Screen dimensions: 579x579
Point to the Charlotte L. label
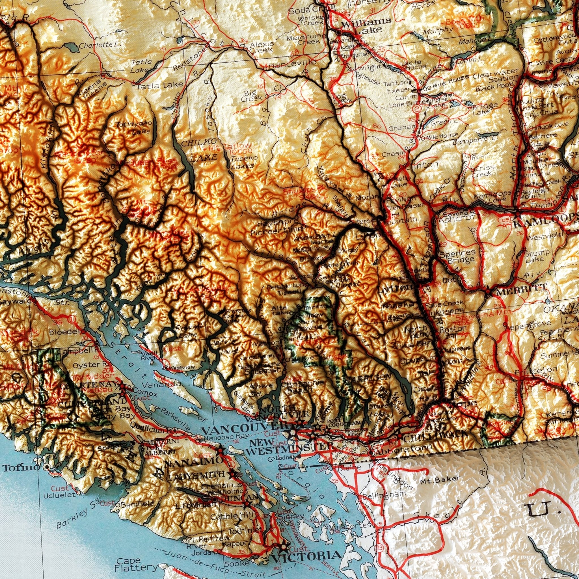click(x=100, y=45)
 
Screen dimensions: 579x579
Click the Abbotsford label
click(x=403, y=450)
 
